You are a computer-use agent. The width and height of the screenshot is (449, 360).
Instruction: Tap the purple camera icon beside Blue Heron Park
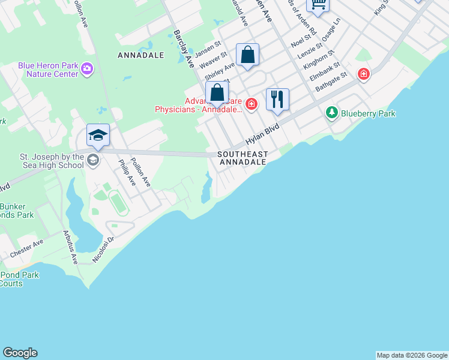coord(88,70)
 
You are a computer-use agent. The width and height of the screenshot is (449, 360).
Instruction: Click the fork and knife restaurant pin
coord(277,99)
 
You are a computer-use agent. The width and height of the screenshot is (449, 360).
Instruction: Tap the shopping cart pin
coord(318,4)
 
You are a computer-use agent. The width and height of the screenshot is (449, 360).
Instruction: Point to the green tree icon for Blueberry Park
coord(331,112)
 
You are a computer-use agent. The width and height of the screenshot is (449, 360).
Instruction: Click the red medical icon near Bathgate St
coord(363,74)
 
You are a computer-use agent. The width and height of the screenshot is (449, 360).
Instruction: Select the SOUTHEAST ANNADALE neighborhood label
coord(243,158)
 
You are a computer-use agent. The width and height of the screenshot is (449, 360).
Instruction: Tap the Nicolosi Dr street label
coord(103,248)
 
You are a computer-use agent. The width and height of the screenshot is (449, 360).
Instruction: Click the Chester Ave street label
coord(26,248)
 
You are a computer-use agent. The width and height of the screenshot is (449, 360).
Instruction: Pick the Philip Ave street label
coord(127,172)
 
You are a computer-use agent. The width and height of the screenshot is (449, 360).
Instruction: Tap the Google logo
coord(20,353)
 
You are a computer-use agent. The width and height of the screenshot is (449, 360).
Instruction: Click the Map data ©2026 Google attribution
coord(412,355)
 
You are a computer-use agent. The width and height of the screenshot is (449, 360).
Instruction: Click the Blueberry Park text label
coord(368,113)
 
